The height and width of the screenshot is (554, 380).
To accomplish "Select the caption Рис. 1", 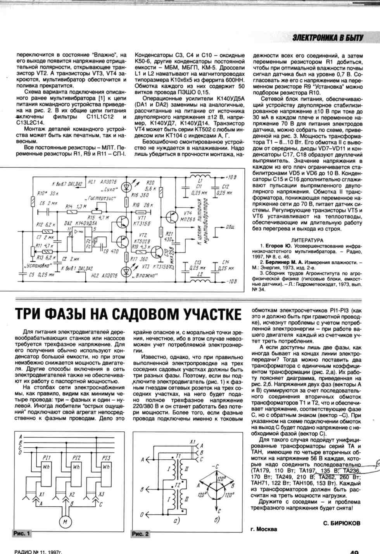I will (21, 533).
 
